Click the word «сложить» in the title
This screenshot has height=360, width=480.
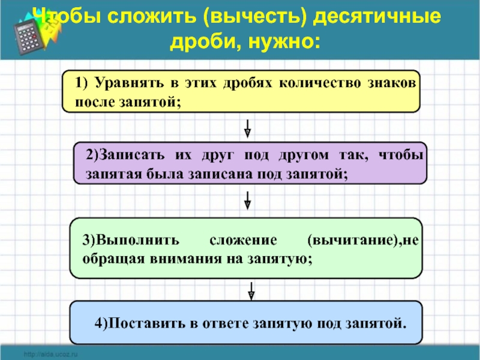[x=154, y=17]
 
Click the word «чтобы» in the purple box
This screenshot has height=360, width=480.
[x=401, y=155]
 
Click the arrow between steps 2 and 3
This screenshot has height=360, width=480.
[x=248, y=200]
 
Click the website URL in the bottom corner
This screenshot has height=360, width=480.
[x=51, y=355]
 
